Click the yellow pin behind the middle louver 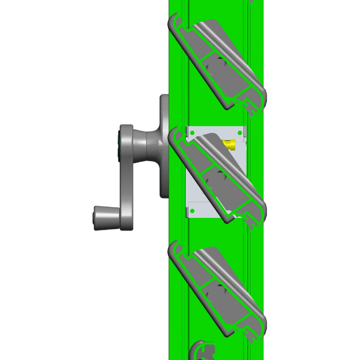pyautogui.click(x=229, y=144)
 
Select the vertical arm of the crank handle pyautogui.click(x=126, y=180)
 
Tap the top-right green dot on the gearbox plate pyautogui.click(x=239, y=133)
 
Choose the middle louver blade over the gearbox pyautogui.click(x=218, y=175)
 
